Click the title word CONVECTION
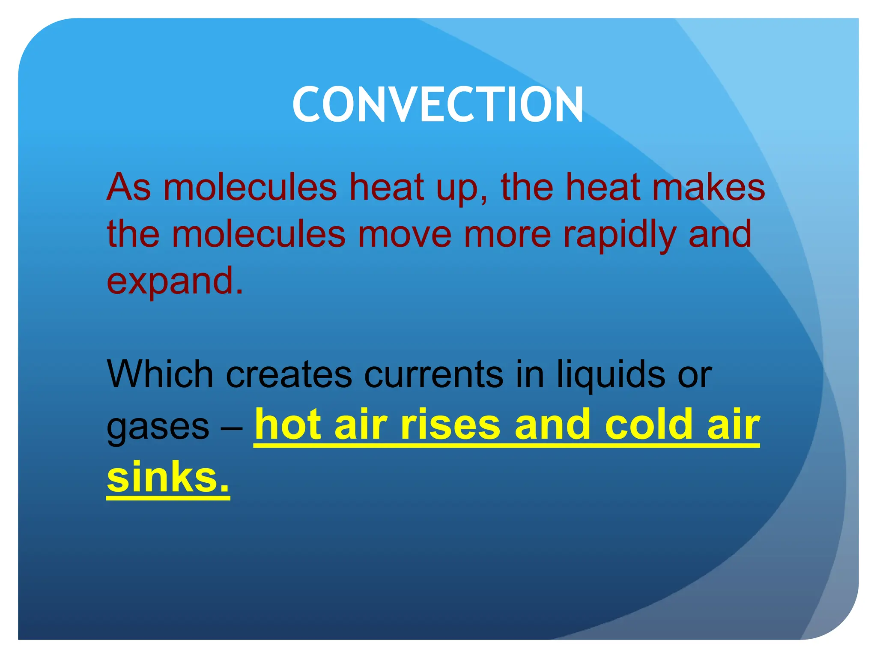[x=438, y=105]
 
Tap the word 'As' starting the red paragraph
[x=128, y=187]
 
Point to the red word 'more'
[x=507, y=234]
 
